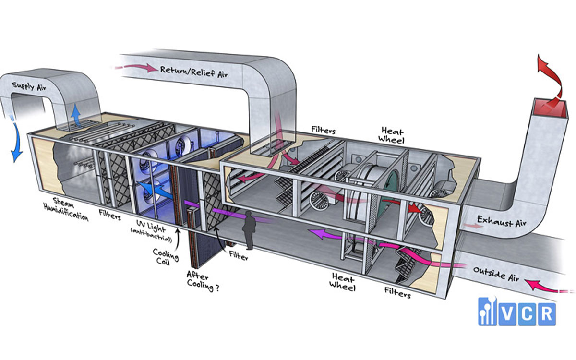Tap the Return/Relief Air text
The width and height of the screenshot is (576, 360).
[194, 72]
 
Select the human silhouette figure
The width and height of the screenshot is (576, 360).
[249, 229]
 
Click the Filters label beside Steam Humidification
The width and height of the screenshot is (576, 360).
[110, 216]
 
